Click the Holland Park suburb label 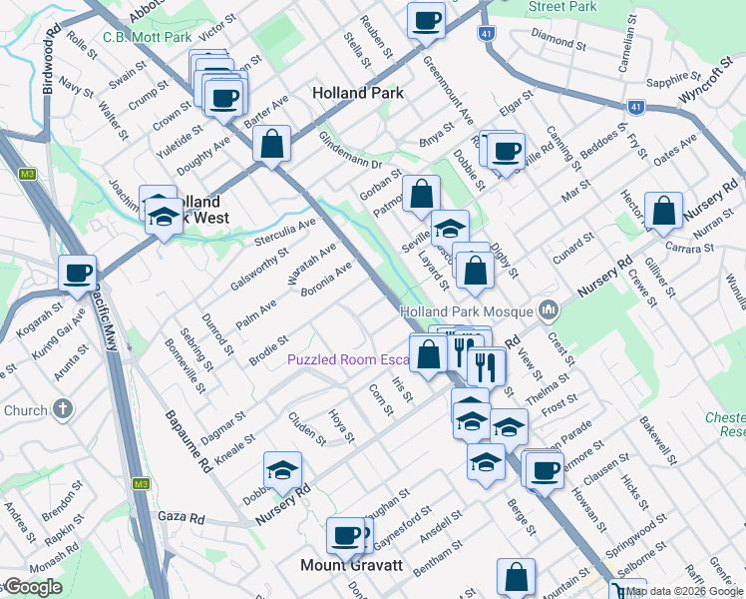tap(357, 93)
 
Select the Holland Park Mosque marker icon tap(547, 311)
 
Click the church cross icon tap(62, 409)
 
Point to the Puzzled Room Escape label tap(349, 359)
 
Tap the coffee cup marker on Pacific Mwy tap(77, 273)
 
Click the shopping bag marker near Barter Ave tap(271, 143)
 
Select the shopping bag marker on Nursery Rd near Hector tap(663, 211)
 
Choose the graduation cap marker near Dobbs tap(282, 469)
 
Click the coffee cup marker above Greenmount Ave tap(426, 20)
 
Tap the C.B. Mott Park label tap(147, 38)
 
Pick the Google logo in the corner tap(32, 588)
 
